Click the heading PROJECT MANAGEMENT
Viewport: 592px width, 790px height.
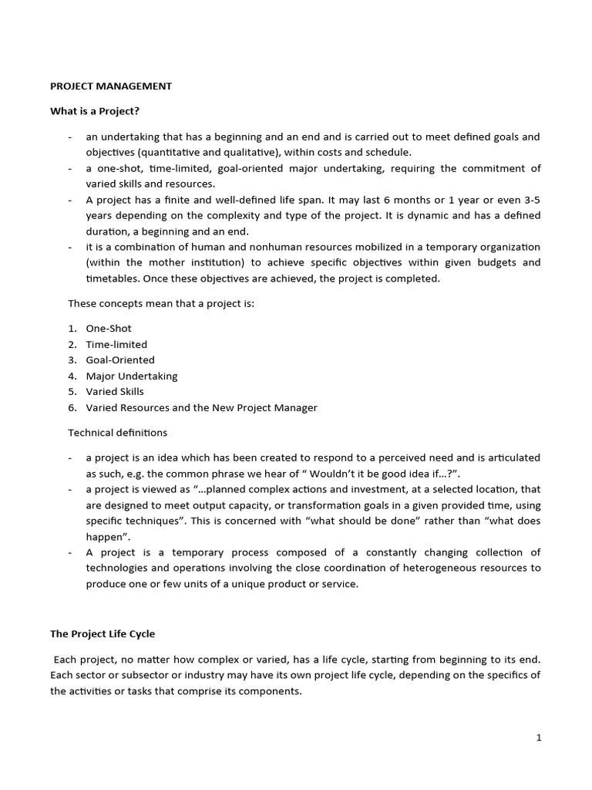pyautogui.click(x=111, y=86)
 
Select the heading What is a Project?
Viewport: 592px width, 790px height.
pyautogui.click(x=95, y=111)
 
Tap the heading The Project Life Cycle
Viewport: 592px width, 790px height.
pyautogui.click(x=103, y=634)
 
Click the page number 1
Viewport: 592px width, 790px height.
pyautogui.click(x=539, y=738)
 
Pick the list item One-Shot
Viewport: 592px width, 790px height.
pyautogui.click(x=109, y=329)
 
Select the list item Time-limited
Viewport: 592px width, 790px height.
pyautogui.click(x=116, y=344)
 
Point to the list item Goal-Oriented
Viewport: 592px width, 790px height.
pyautogui.click(x=120, y=360)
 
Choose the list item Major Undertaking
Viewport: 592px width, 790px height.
pyautogui.click(x=132, y=376)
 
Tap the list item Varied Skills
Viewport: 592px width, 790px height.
pyautogui.click(x=115, y=391)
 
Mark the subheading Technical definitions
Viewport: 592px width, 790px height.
pyautogui.click(x=117, y=433)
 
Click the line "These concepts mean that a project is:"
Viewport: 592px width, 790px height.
pyautogui.click(x=161, y=303)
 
